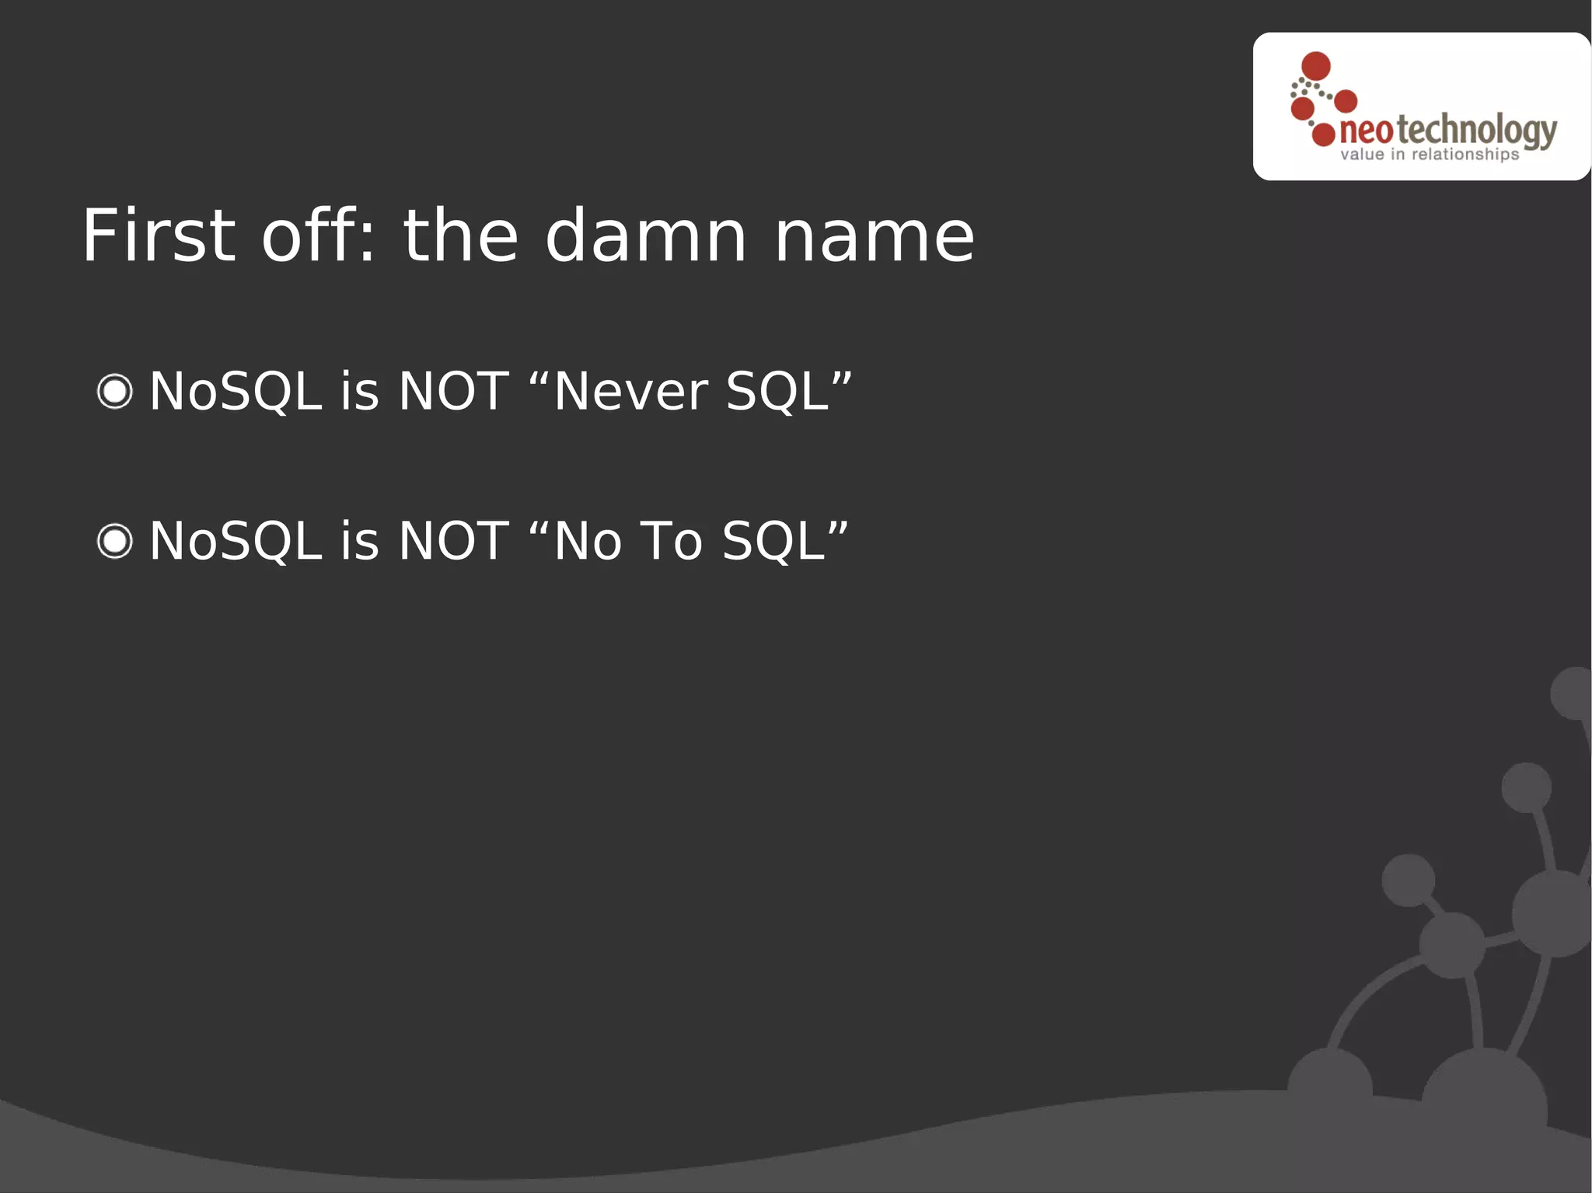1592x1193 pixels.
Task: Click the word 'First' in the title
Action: (159, 236)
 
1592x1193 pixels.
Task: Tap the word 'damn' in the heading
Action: (646, 236)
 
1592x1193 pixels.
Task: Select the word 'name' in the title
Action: (875, 236)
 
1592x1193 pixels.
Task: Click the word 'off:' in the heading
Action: (319, 236)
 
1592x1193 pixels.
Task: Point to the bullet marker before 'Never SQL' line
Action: (115, 391)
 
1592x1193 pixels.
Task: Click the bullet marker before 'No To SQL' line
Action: (115, 541)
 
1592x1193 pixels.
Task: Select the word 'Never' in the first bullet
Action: (630, 391)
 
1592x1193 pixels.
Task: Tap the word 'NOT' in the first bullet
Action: (453, 391)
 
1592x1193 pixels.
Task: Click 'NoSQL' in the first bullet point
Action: (236, 391)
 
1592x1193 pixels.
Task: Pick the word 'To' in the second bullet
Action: (671, 541)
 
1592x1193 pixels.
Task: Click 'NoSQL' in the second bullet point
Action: (236, 541)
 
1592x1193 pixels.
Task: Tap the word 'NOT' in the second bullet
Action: (453, 541)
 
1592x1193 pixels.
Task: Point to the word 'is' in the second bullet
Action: (359, 541)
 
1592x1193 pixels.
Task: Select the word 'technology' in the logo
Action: (1477, 131)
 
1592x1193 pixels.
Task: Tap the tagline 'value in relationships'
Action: (1429, 155)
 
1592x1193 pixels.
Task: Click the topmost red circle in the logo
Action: (1315, 66)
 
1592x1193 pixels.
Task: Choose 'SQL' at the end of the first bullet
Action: (777, 391)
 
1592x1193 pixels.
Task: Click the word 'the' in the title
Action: (460, 236)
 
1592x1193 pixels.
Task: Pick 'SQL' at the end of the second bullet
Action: (773, 541)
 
